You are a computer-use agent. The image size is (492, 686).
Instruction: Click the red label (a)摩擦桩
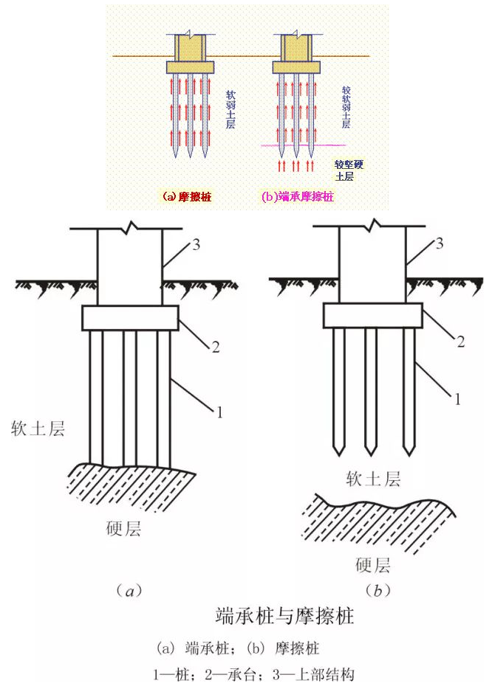[188, 197]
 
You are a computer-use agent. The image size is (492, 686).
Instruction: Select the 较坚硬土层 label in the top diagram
[344, 170]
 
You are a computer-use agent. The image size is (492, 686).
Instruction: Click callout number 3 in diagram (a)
[196, 246]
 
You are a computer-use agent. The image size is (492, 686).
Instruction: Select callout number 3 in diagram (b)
[440, 244]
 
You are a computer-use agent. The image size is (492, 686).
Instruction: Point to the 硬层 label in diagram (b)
[372, 566]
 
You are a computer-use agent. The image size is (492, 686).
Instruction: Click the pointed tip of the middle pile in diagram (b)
[371, 451]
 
